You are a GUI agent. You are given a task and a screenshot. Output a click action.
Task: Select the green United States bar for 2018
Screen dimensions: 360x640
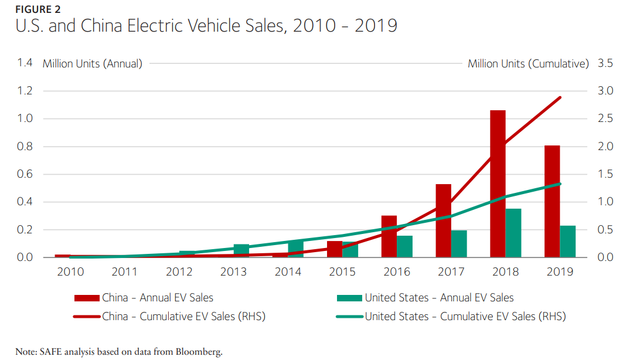513,233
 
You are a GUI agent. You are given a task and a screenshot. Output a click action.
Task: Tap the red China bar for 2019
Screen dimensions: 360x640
552,201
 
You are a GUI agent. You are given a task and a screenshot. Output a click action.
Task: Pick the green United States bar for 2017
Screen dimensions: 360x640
459,244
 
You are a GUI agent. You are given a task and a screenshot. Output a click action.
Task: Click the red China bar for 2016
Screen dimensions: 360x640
389,236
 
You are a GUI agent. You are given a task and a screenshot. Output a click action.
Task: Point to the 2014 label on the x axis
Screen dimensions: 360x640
288,272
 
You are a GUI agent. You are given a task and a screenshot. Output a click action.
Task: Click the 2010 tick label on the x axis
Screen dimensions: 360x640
70,272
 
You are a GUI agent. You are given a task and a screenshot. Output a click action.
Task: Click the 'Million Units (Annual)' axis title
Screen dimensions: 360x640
93,63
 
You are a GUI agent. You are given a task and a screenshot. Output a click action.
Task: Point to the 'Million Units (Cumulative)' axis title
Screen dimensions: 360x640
528,63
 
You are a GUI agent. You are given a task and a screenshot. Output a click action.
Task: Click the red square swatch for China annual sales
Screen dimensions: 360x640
87,298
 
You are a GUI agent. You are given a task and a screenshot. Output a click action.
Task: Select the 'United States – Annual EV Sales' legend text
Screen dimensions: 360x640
439,298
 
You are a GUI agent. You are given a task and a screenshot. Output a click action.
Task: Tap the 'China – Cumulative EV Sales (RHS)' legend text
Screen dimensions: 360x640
183,317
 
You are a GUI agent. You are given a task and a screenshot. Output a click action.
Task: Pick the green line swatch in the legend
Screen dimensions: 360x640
349,317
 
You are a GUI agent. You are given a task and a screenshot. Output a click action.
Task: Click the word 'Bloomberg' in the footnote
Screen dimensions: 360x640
199,352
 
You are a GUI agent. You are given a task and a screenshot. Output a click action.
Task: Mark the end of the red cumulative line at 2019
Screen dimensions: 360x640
560,97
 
